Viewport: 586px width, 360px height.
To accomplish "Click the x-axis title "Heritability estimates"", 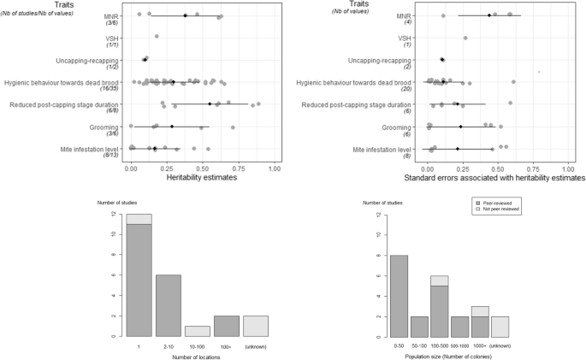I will coord(202,179).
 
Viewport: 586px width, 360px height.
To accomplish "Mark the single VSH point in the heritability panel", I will coord(157,37).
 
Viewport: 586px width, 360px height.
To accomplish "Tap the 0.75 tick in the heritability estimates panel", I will coord(238,168).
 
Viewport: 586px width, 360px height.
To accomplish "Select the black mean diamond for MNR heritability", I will coord(186,15).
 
